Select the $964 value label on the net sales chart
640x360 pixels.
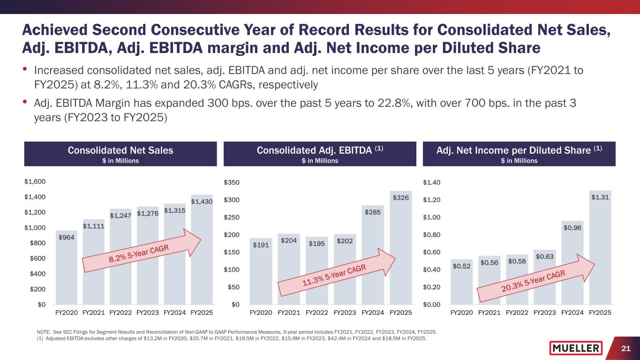[x=66, y=238]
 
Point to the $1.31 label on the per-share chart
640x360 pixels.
[x=600, y=197]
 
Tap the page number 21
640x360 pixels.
[x=625, y=348]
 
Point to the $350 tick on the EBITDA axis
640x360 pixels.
[x=232, y=182]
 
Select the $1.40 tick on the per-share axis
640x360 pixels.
[x=431, y=182]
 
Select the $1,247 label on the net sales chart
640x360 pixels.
[x=120, y=216]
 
